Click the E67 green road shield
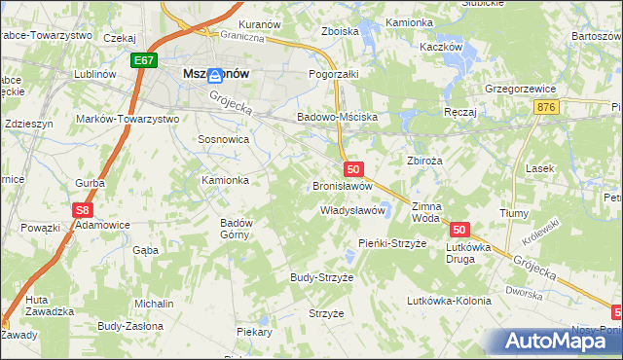click(x=144, y=60)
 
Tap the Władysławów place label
click(x=354, y=210)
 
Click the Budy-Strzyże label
click(x=321, y=277)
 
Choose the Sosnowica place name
click(x=224, y=140)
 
